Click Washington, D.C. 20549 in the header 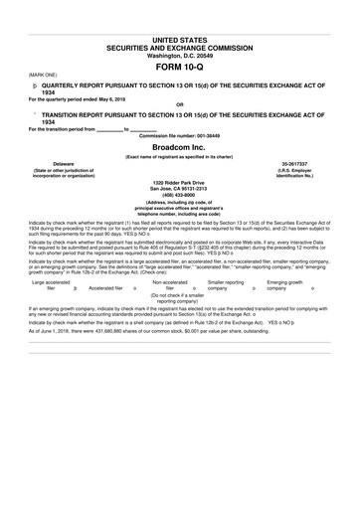click(179, 55)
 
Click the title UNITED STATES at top click(179, 39)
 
